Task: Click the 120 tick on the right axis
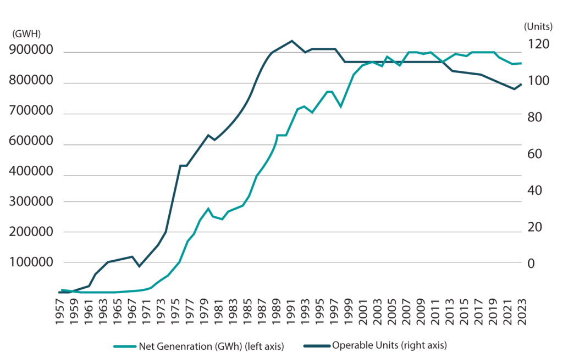point(531,44)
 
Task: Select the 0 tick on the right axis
point(531,264)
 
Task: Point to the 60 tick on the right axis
point(531,154)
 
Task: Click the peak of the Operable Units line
point(291,41)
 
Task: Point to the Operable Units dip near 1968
point(140,266)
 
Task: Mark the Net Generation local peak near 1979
point(208,208)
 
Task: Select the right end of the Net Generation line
point(521,64)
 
